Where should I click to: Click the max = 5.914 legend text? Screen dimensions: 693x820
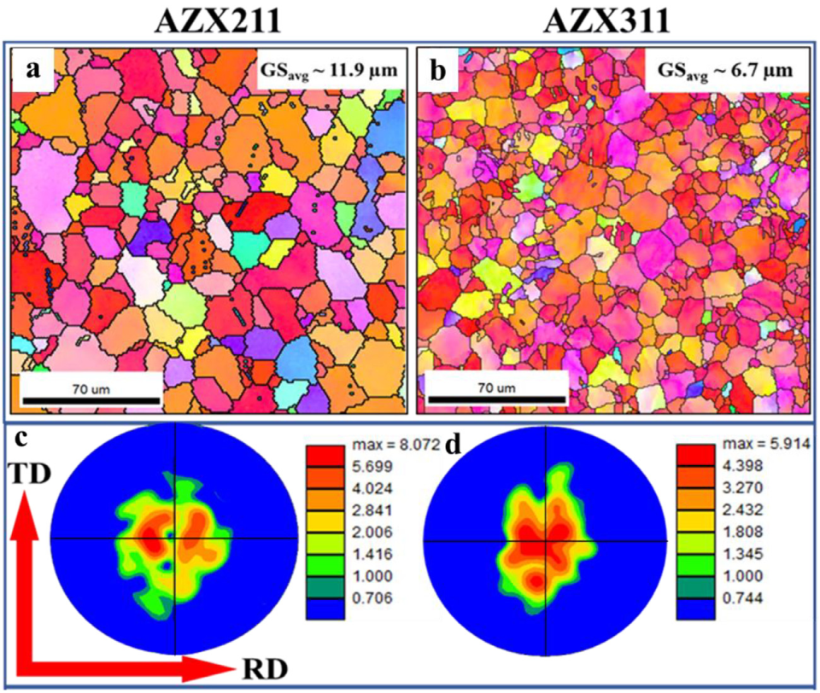pos(755,445)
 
